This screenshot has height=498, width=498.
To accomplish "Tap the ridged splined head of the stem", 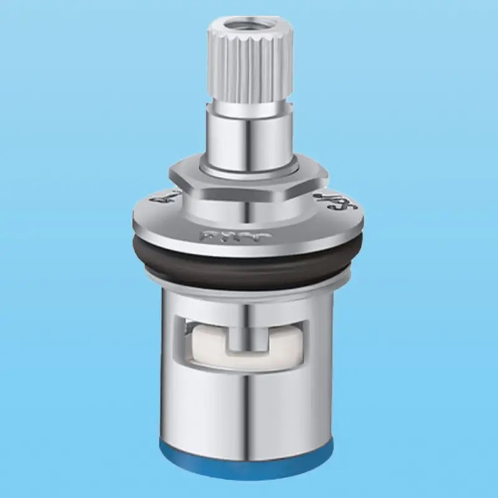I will tap(249, 68).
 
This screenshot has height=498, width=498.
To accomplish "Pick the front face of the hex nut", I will tap(249, 190).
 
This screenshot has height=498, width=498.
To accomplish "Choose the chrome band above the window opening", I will tap(249, 302).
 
